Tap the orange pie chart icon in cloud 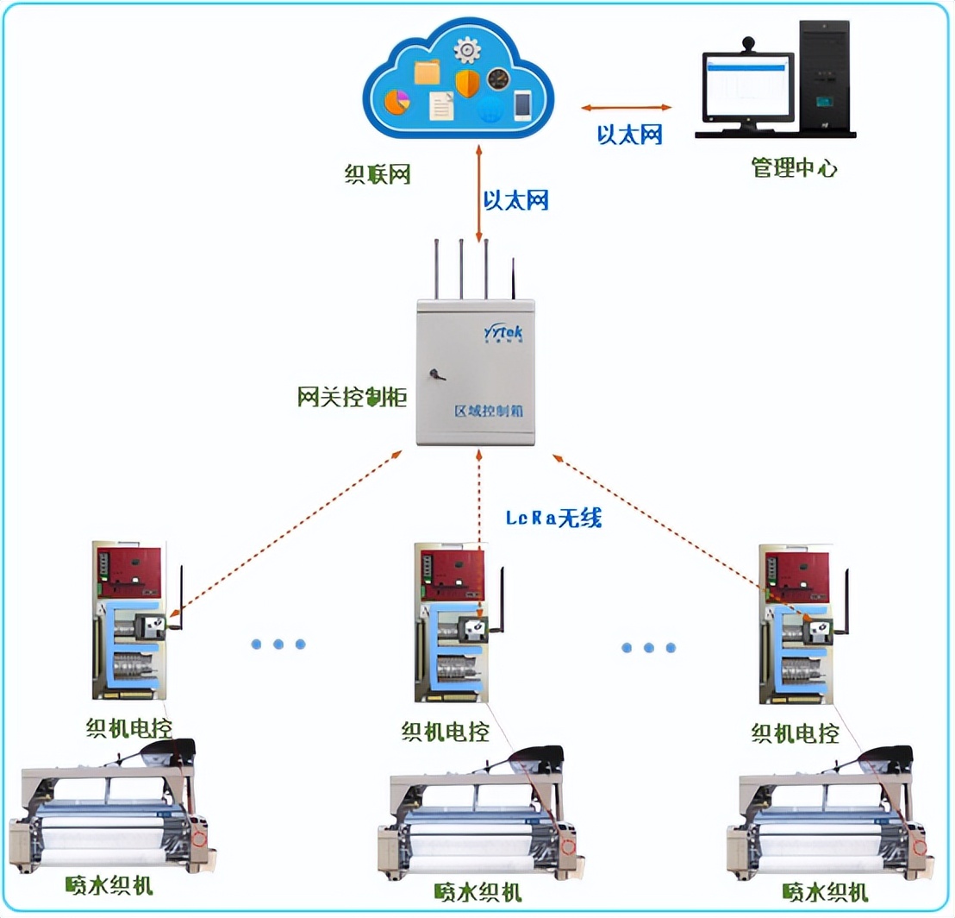(397, 101)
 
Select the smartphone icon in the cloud (521, 104)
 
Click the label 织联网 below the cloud (377, 174)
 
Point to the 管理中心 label (794, 168)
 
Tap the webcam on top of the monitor (748, 42)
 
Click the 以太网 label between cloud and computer (630, 135)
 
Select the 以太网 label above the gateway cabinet (515, 201)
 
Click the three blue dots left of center (278, 644)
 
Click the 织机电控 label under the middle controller (445, 732)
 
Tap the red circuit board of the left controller (129, 570)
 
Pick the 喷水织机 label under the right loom (825, 890)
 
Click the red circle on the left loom (199, 838)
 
